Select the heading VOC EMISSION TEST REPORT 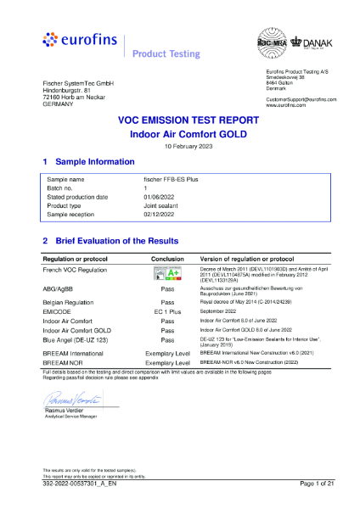point(180,121)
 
